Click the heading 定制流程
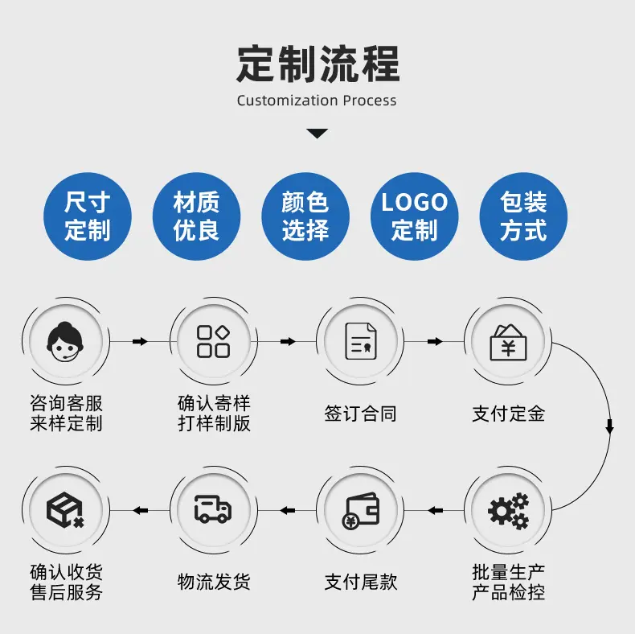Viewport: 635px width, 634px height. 318,64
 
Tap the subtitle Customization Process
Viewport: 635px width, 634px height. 317,101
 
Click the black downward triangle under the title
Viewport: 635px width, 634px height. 317,134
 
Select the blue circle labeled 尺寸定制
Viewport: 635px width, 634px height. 88,216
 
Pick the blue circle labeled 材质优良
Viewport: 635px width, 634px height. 196,216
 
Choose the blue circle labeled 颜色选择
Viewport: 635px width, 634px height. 305,216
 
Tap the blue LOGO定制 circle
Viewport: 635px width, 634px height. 414,216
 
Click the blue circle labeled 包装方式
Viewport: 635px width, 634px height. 523,216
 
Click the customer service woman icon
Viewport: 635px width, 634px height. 65,341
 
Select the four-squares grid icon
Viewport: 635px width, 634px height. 214,341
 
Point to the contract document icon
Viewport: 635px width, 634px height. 360,341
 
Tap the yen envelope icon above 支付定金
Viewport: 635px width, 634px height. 508,342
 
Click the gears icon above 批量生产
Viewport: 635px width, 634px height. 508,511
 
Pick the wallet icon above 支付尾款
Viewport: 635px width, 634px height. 360,511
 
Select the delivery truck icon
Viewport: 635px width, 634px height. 213,508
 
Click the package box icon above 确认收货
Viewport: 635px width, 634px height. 65,510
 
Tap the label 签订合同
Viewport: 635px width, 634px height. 360,414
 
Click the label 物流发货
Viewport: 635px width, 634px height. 214,582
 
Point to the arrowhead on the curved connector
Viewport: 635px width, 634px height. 609,427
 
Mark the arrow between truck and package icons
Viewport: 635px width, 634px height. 140,510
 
